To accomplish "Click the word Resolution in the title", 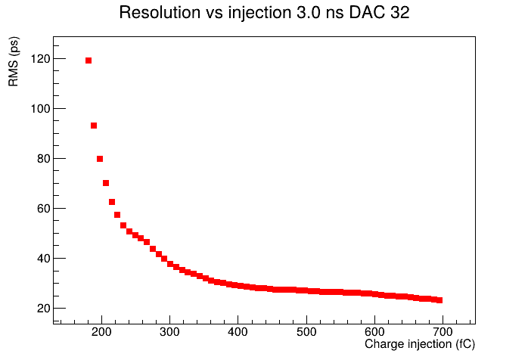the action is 160,13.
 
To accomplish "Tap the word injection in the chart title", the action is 260,14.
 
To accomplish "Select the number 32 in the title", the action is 400,13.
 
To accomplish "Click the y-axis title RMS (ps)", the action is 14,61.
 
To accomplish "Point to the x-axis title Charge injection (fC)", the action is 420,344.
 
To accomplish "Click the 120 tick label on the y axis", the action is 40,59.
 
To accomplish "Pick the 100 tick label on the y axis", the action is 40,109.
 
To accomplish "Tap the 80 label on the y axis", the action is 43,159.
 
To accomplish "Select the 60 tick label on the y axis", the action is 43,209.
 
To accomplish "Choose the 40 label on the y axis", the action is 43,259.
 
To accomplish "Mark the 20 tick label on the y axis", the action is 43,308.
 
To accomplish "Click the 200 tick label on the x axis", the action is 101,332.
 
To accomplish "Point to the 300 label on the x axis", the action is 169,332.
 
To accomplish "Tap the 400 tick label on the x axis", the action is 238,332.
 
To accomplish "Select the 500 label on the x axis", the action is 306,332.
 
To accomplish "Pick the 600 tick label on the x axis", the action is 374,332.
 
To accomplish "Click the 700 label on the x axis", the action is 443,332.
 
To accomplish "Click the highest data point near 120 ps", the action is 89,61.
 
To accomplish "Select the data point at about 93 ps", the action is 94,126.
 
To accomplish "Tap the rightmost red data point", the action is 439,300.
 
